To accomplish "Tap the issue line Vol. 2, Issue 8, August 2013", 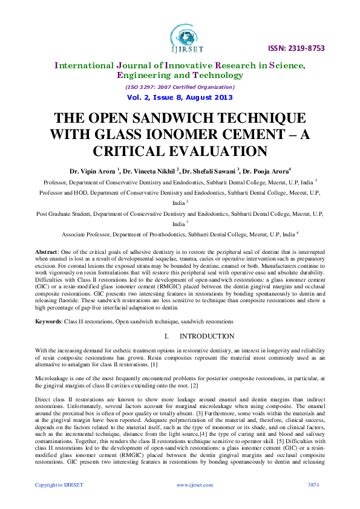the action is point(180,97).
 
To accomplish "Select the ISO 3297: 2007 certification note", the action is point(180,86).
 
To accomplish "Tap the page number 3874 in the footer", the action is point(313,485).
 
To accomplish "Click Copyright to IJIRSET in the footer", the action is point(59,485).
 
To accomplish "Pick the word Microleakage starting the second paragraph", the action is point(52,377).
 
